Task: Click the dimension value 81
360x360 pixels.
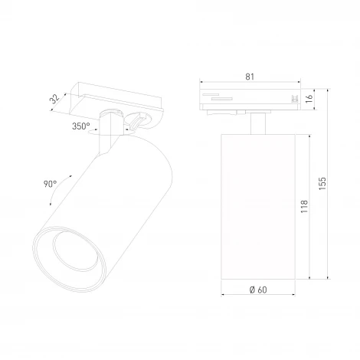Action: pos(250,75)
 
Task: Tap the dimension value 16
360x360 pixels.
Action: pos(309,98)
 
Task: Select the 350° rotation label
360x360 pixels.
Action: pos(81,126)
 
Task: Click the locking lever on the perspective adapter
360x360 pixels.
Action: pos(139,119)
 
